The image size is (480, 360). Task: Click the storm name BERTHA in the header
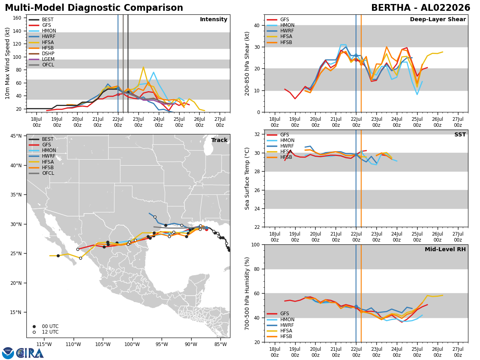pyautogui.click(x=391, y=8)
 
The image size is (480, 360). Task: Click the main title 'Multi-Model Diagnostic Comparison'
pyautogui.click(x=94, y=8)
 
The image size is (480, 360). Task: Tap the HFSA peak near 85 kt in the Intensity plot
pyautogui.click(x=143, y=67)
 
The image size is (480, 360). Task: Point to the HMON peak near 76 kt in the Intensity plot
pyautogui.click(x=154, y=72)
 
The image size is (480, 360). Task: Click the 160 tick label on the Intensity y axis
pyautogui.click(x=17, y=18)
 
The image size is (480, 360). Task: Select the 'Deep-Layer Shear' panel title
pyautogui.click(x=438, y=19)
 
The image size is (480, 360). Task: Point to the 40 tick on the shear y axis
pyautogui.click(x=257, y=25)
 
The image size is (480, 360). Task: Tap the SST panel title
pyautogui.click(x=460, y=134)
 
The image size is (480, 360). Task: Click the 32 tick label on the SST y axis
pyautogui.click(x=257, y=134)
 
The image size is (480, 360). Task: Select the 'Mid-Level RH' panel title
pyautogui.click(x=445, y=249)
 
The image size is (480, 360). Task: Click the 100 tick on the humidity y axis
pyautogui.click(x=256, y=245)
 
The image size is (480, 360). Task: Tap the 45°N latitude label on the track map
pyautogui.click(x=16, y=136)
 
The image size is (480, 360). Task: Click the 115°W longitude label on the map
pyautogui.click(x=44, y=345)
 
